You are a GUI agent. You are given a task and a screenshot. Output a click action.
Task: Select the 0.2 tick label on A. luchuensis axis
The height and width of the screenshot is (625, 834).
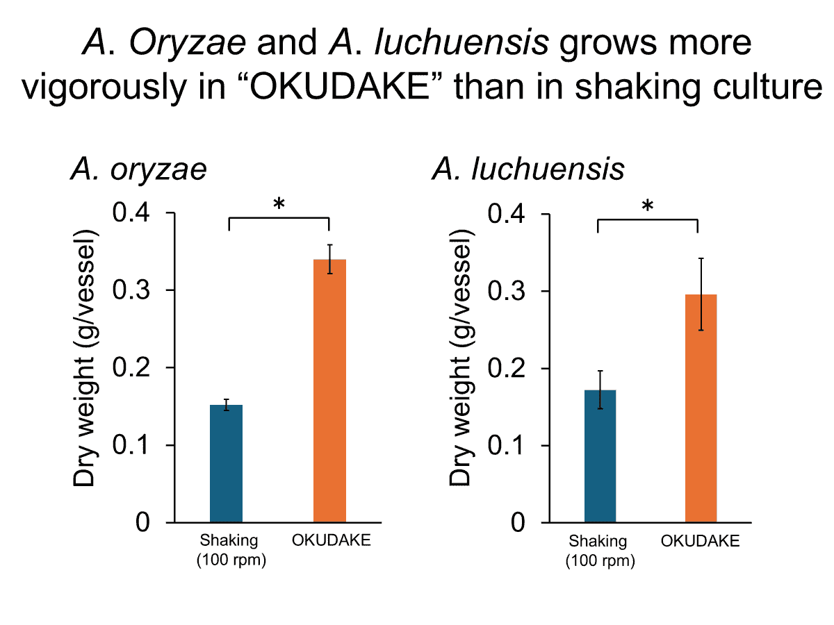pyautogui.click(x=507, y=368)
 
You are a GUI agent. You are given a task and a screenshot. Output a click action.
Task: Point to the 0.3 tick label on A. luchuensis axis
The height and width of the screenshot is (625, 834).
pyautogui.click(x=507, y=291)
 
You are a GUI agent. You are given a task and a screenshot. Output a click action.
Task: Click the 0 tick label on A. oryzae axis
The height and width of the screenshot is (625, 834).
pyautogui.click(x=142, y=522)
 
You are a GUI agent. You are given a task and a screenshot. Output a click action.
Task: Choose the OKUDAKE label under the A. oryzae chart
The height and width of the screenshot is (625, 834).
pyautogui.click(x=332, y=540)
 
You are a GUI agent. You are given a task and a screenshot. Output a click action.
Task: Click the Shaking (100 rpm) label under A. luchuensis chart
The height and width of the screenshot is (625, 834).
pyautogui.click(x=600, y=551)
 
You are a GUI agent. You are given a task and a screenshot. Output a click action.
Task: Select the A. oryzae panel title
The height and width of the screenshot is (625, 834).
pyautogui.click(x=138, y=169)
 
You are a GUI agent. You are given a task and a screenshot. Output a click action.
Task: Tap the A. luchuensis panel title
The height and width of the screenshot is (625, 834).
pyautogui.click(x=528, y=169)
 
